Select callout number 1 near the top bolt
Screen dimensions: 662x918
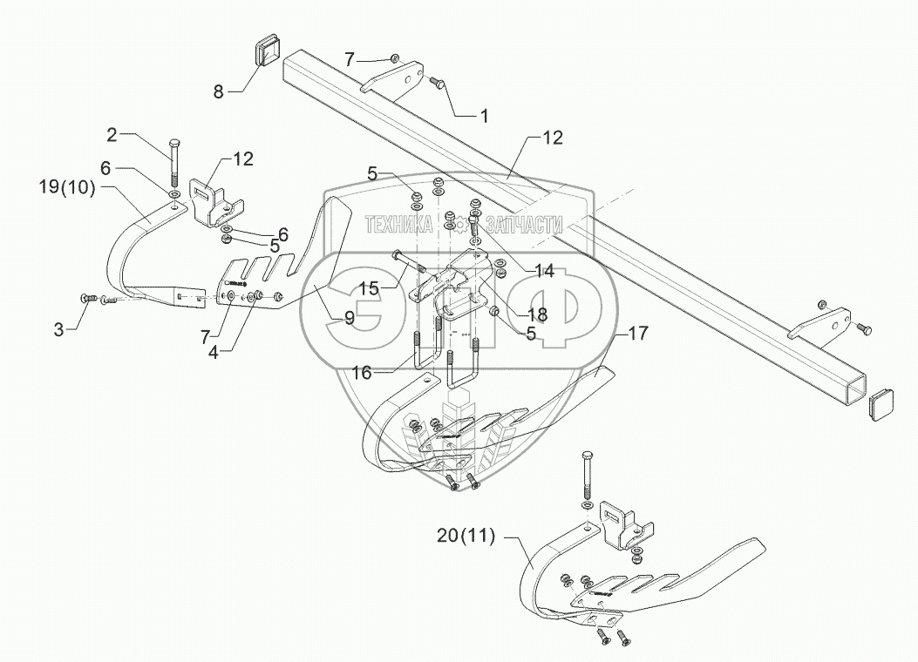tap(484, 115)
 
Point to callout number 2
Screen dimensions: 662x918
tap(112, 134)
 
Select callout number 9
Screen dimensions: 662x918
tap(349, 318)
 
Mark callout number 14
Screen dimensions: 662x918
tap(545, 271)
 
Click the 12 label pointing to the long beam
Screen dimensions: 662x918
tap(553, 138)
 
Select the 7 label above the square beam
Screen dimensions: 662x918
tap(350, 59)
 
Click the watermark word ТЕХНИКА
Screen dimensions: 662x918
tap(401, 225)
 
